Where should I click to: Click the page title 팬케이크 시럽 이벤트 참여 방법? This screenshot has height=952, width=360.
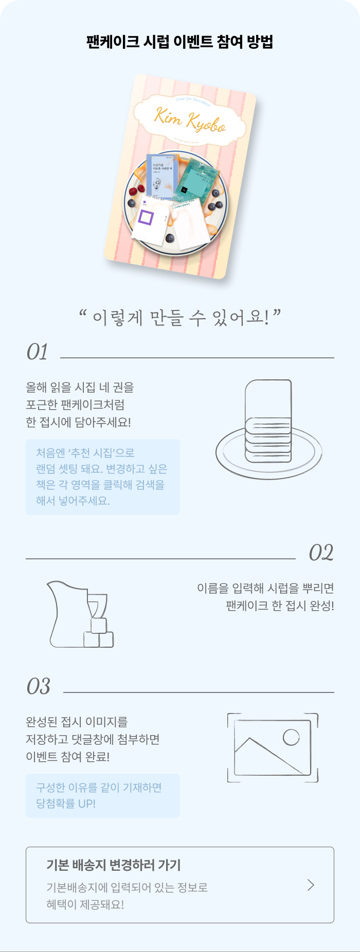point(179,42)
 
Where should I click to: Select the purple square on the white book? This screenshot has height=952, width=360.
point(146,218)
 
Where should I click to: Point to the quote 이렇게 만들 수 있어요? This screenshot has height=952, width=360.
point(180,318)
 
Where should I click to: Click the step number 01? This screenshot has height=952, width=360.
point(37,353)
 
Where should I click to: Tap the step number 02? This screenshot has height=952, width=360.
point(321,553)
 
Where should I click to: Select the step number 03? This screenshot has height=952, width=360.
point(39,687)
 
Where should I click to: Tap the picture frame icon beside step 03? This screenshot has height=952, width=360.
point(273,747)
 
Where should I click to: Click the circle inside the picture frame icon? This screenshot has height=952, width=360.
point(291,737)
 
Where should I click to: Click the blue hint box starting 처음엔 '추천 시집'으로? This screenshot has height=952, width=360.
point(103,477)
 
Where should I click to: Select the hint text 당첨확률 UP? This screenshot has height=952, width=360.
point(66,803)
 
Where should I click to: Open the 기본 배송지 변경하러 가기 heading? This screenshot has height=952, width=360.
point(114,865)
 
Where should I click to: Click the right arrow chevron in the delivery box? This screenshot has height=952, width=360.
point(311,885)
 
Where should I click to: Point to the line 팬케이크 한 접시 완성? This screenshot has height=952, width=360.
point(280,606)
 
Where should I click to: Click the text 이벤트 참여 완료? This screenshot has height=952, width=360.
point(67,757)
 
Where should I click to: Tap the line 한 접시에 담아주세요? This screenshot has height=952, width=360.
point(78,422)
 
